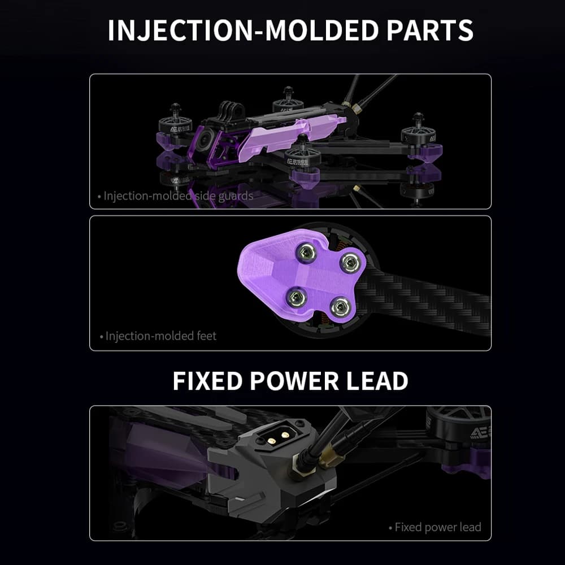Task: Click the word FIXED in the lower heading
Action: [207, 380]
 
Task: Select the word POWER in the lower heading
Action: [294, 380]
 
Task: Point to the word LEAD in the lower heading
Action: [377, 380]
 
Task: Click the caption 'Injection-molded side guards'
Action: [176, 195]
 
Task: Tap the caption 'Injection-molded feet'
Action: [158, 336]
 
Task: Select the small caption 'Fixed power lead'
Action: [435, 527]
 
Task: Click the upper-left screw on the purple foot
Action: [306, 252]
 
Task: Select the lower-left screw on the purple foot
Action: [296, 297]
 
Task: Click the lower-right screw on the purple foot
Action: [340, 307]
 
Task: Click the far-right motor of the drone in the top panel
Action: [418, 134]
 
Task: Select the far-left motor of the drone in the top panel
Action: [176, 123]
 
